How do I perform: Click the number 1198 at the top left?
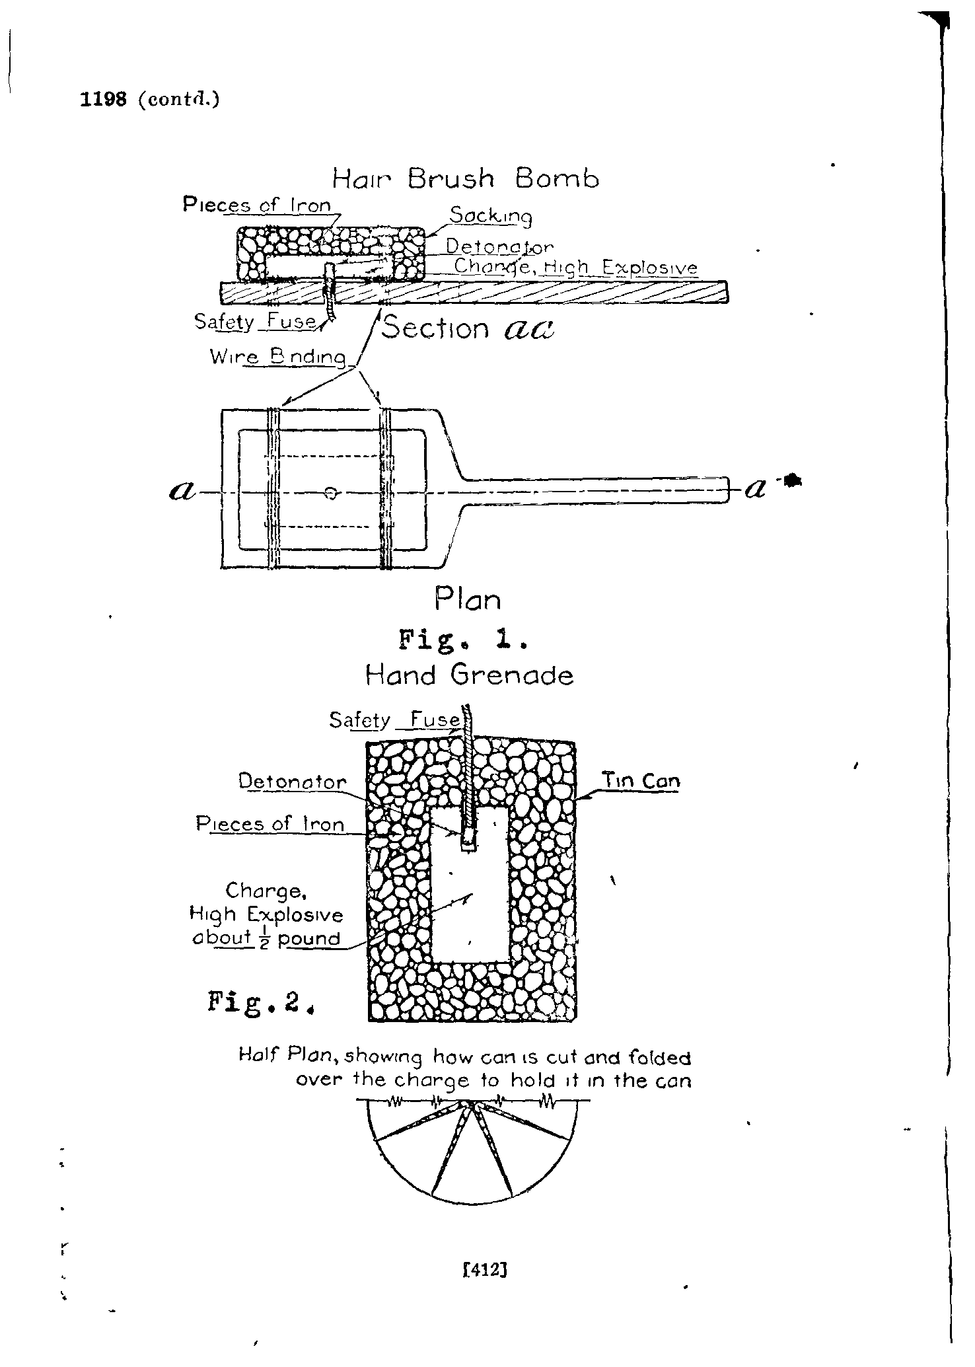pyautogui.click(x=102, y=99)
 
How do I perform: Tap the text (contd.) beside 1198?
pyautogui.click(x=178, y=99)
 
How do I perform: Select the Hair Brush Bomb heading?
pyautogui.click(x=465, y=178)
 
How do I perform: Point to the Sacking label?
pyautogui.click(x=491, y=216)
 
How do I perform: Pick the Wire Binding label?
pyautogui.click(x=278, y=357)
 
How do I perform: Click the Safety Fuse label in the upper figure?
pyautogui.click(x=255, y=322)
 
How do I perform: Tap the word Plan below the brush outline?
pyautogui.click(x=468, y=599)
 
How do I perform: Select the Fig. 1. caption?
pyautogui.click(x=462, y=640)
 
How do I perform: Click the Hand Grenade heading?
pyautogui.click(x=469, y=675)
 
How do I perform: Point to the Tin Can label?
pyautogui.click(x=640, y=781)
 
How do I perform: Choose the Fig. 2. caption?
pyautogui.click(x=259, y=1002)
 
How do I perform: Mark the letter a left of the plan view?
pyautogui.click(x=182, y=491)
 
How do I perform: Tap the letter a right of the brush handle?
pyautogui.click(x=755, y=489)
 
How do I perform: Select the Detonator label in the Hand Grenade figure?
pyautogui.click(x=292, y=782)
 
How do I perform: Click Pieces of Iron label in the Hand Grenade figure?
pyautogui.click(x=270, y=824)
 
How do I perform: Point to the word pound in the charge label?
pyautogui.click(x=309, y=938)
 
